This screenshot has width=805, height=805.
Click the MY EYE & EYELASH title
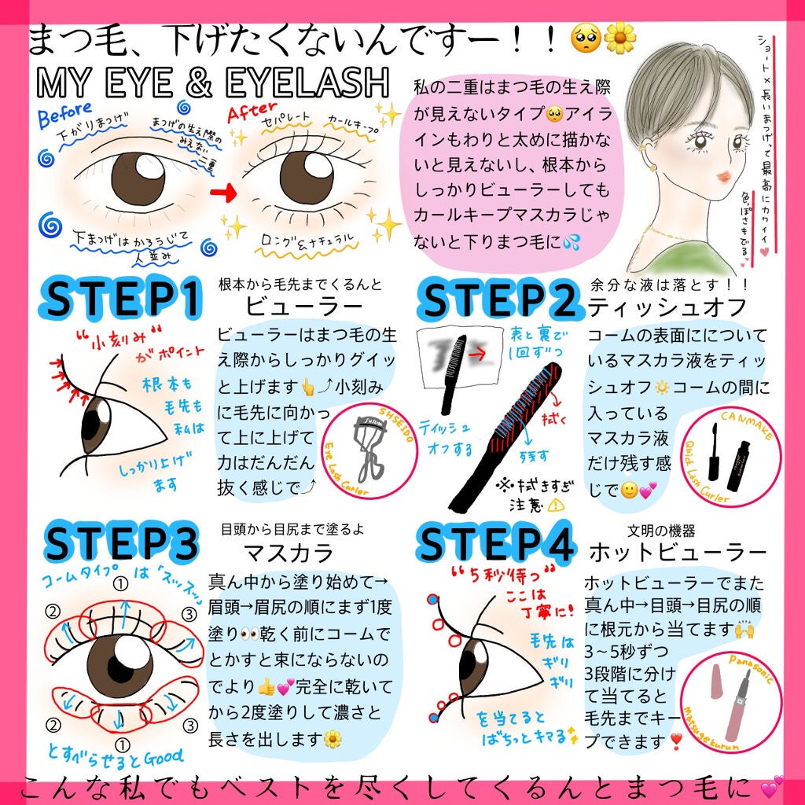pyautogui.click(x=212, y=81)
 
